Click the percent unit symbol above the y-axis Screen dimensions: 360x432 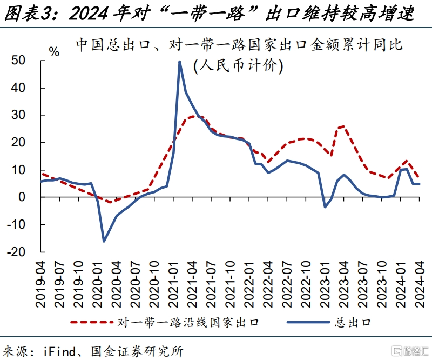54,52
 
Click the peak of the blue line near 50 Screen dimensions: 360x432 179,62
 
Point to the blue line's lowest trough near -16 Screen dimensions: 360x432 104,241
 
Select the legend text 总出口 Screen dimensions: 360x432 353,323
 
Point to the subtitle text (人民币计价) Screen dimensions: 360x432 238,65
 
